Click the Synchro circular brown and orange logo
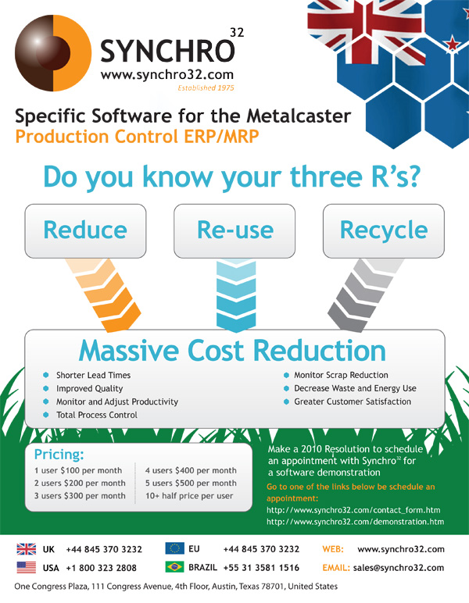[53, 53]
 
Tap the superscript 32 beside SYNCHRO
[237, 33]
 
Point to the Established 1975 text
[206, 88]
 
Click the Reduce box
[85, 230]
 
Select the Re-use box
[234, 230]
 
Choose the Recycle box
[384, 230]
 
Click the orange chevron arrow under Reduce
[104, 294]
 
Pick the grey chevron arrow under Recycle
[365, 294]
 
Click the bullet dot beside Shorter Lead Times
[46, 375]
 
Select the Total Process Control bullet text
[97, 415]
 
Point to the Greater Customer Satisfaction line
[353, 402]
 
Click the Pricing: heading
[59, 455]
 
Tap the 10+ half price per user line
[189, 496]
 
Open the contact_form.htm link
[353, 510]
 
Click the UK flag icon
[26, 549]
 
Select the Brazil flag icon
[174, 567]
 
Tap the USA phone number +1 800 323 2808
[101, 568]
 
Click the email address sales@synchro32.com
[398, 568]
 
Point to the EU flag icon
[174, 548]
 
